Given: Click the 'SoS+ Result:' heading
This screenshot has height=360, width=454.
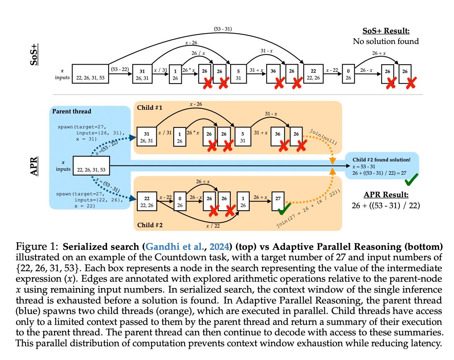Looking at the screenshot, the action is pos(386,31).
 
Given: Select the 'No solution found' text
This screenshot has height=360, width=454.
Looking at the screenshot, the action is pos(386,42).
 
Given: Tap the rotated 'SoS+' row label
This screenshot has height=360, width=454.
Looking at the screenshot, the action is pos(34,54).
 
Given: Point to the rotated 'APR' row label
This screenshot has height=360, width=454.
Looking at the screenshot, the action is pos(34,166).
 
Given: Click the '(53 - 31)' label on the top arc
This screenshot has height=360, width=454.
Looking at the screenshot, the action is pos(223,29).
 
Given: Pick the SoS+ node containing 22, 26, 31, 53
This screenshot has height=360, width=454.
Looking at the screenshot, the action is pos(90,74).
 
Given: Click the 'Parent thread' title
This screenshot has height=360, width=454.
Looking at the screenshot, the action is pos(71,111).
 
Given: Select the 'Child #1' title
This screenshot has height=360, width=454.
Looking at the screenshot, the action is pos(149,108).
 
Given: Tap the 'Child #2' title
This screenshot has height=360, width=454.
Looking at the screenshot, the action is pos(150,225).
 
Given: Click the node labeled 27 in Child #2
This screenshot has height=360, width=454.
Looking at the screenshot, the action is pos(278,201).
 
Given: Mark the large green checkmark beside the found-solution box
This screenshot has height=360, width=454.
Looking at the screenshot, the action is pos(412,180).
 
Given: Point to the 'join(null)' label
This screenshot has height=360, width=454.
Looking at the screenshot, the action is pos(323,136).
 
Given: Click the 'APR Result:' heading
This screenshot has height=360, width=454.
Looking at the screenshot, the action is pos(386,195).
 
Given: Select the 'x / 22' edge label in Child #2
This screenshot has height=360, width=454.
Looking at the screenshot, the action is pos(213,226).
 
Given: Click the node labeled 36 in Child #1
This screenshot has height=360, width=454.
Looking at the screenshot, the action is pos(277,136).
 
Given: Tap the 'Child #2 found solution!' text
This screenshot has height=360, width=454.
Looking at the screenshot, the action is pos(381,160).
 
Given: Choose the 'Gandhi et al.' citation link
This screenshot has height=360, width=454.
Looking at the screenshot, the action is pos(174,247).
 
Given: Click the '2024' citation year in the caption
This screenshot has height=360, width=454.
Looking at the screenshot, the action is pos(219,247).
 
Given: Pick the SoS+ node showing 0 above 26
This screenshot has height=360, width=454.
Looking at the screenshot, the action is pos(348,74).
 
